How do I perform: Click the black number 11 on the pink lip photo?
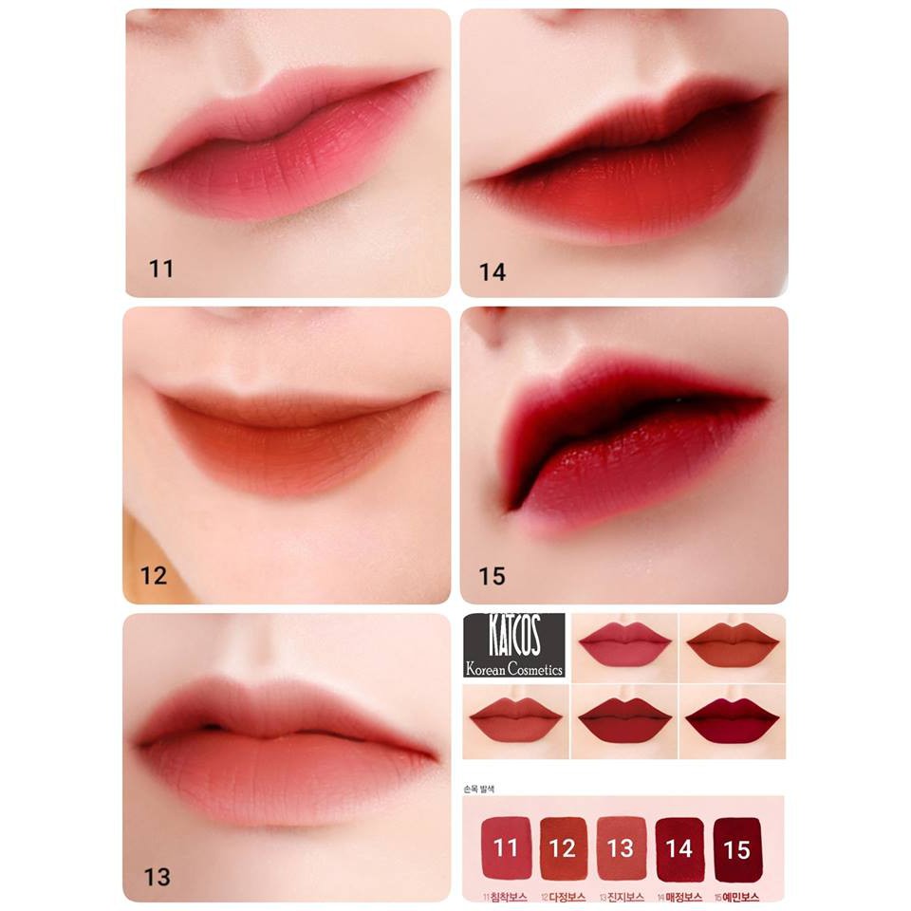[x=161, y=270]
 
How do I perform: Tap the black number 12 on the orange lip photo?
[x=154, y=576]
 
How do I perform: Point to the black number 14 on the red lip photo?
[x=493, y=272]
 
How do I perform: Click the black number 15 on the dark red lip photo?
[x=493, y=576]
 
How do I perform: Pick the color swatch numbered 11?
[x=506, y=847]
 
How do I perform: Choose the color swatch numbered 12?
[x=564, y=847]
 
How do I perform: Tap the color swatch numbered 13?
[x=621, y=847]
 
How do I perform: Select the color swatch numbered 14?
[x=679, y=847]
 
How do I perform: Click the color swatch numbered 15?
[x=737, y=847]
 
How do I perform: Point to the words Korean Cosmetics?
[x=513, y=668]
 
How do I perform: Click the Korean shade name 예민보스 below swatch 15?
[x=739, y=896]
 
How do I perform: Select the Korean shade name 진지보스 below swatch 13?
[x=623, y=896]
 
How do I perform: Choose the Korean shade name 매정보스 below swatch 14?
[x=680, y=896]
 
